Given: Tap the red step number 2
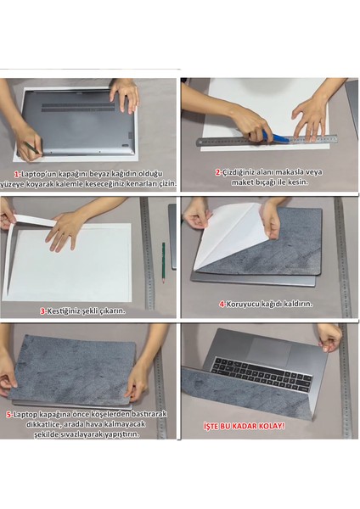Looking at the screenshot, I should point(217,172).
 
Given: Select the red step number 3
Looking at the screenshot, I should point(42,310).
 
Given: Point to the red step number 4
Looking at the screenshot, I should point(222,304).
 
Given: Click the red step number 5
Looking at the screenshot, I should point(8,415).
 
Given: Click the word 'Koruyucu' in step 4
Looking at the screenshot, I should point(246,304).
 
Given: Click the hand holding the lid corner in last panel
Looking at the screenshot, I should point(329,338).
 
